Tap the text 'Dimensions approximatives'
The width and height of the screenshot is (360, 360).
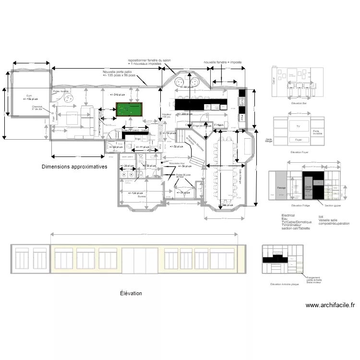(74, 167)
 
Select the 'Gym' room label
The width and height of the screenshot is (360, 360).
(29, 96)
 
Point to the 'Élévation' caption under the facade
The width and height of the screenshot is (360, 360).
(131, 293)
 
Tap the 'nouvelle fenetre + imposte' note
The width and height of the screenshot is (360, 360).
(223, 62)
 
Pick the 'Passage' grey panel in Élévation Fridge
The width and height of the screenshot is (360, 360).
(281, 188)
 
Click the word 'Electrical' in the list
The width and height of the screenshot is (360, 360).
(288, 216)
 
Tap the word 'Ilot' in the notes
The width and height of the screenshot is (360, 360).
(321, 216)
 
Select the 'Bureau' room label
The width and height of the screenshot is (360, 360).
(142, 196)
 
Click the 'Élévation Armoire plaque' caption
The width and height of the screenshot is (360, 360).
(285, 284)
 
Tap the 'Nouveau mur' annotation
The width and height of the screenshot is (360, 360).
(176, 163)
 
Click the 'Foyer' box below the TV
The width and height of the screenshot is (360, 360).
(299, 140)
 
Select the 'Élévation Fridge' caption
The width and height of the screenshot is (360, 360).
(300, 205)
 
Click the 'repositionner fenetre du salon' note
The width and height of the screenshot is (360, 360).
(149, 60)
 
